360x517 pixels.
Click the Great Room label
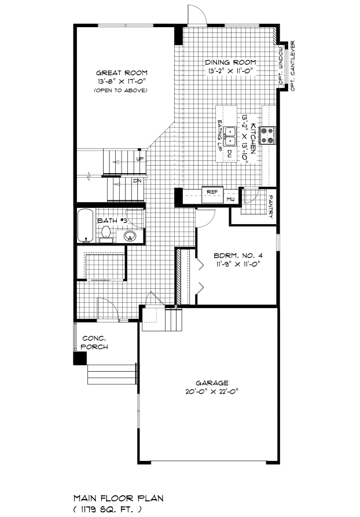122,73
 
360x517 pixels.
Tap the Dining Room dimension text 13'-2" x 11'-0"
230,71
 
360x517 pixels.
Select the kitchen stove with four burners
268,135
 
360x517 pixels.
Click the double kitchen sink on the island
230,136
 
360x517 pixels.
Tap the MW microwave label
230,199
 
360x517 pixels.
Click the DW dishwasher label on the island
229,153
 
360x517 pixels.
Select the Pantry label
271,207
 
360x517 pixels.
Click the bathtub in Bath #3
85,226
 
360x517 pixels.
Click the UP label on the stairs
140,159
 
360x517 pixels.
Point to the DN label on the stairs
138,181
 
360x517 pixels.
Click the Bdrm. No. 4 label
238,255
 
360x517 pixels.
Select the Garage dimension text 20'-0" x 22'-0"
212,392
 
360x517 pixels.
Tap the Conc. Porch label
94,343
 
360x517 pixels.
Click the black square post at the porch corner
80,358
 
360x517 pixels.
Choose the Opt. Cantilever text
293,66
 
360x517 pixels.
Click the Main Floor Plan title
118,498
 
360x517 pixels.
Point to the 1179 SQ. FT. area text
108,509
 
